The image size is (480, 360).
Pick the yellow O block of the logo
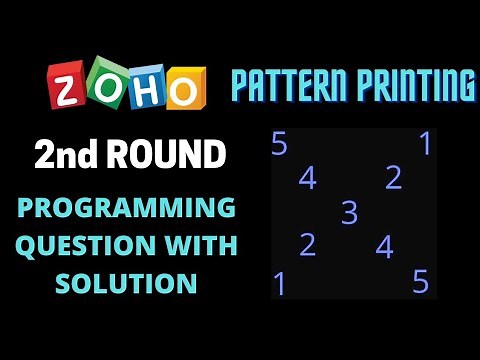pos(185,90)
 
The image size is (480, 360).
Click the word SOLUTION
pos(125,283)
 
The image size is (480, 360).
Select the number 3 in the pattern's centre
pos(349,212)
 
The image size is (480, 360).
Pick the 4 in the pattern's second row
pos(307,178)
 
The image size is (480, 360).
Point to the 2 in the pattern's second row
pos(393,178)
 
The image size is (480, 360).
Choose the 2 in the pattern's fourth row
pos(307,245)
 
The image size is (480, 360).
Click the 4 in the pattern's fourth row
pos(385,246)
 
